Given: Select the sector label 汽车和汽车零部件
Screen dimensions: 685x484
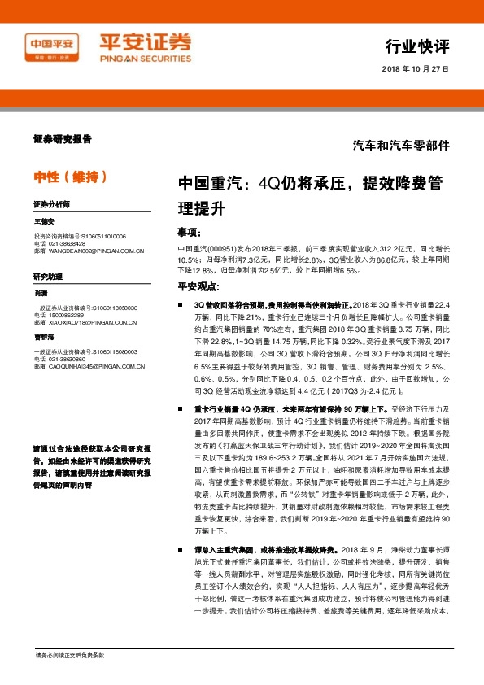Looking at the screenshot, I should (400, 146).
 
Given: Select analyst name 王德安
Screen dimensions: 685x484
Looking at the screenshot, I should (44, 220).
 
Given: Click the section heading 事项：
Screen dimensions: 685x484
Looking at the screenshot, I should (192, 231).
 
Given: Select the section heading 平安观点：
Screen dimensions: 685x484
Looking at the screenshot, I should (198, 286).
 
